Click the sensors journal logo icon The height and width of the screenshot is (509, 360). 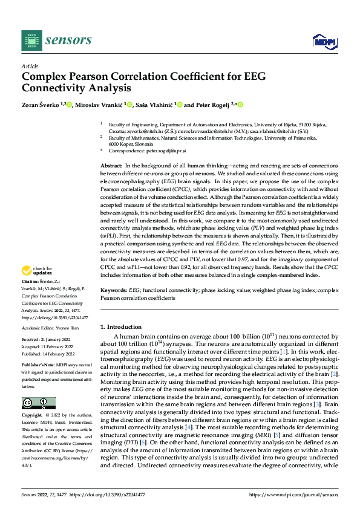pos(31,40)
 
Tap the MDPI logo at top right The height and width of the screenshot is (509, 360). pos(323,41)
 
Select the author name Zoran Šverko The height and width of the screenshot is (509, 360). pos(42,105)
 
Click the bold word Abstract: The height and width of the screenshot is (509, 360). pos(112,165)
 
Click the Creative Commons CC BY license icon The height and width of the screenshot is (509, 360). pos(39,403)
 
